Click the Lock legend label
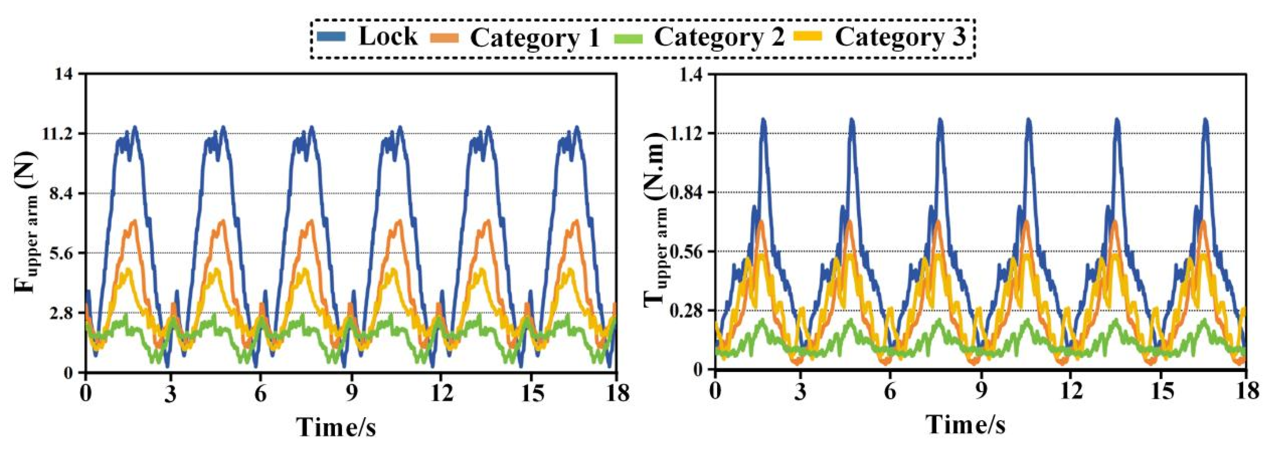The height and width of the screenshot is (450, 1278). click(x=388, y=37)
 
